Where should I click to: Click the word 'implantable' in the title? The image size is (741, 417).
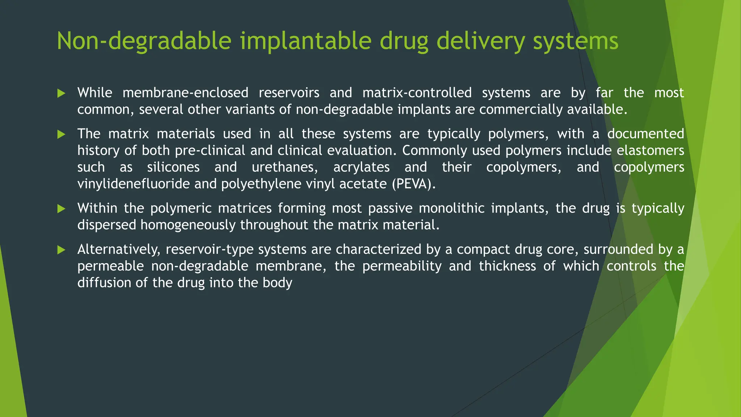(x=306, y=41)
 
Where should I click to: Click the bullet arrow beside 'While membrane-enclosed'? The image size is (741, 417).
(x=61, y=93)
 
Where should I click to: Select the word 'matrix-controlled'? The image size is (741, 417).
(x=417, y=93)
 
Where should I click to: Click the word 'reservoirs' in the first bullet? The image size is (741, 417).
(x=289, y=93)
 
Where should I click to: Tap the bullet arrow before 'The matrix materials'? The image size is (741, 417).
(x=61, y=135)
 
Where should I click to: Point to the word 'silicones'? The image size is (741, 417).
(x=173, y=167)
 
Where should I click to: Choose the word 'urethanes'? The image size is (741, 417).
(x=284, y=167)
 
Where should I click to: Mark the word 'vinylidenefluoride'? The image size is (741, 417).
(x=134, y=184)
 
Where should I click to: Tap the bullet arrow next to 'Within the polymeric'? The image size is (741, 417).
(x=61, y=208)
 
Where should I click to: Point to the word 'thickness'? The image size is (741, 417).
(x=507, y=266)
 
